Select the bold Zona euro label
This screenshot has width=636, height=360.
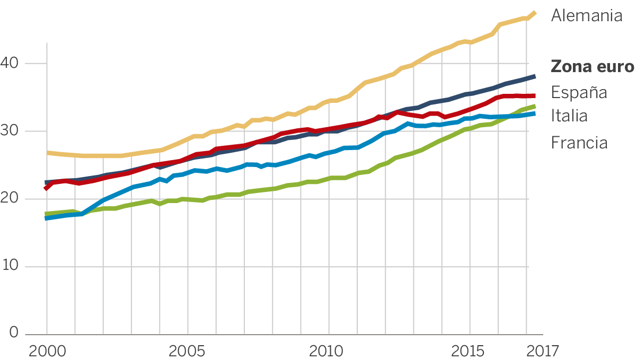pyautogui.click(x=592, y=67)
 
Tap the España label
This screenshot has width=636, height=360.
pyautogui.click(x=579, y=92)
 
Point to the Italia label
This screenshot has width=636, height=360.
pyautogui.click(x=569, y=115)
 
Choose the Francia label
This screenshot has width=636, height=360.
pyautogui.click(x=579, y=142)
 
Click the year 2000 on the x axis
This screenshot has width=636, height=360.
pyautogui.click(x=47, y=350)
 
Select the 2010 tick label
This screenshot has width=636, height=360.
pyautogui.click(x=328, y=350)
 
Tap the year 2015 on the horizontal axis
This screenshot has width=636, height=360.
pyautogui.click(x=469, y=350)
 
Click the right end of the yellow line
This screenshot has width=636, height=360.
pyautogui.click(x=535, y=13)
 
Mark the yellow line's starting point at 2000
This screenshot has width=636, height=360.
pyautogui.click(x=47, y=153)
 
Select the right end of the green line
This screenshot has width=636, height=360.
pyautogui.click(x=534, y=106)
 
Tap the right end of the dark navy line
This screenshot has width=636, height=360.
pyautogui.click(x=534, y=76)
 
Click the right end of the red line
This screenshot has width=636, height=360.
pyautogui.click(x=534, y=96)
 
